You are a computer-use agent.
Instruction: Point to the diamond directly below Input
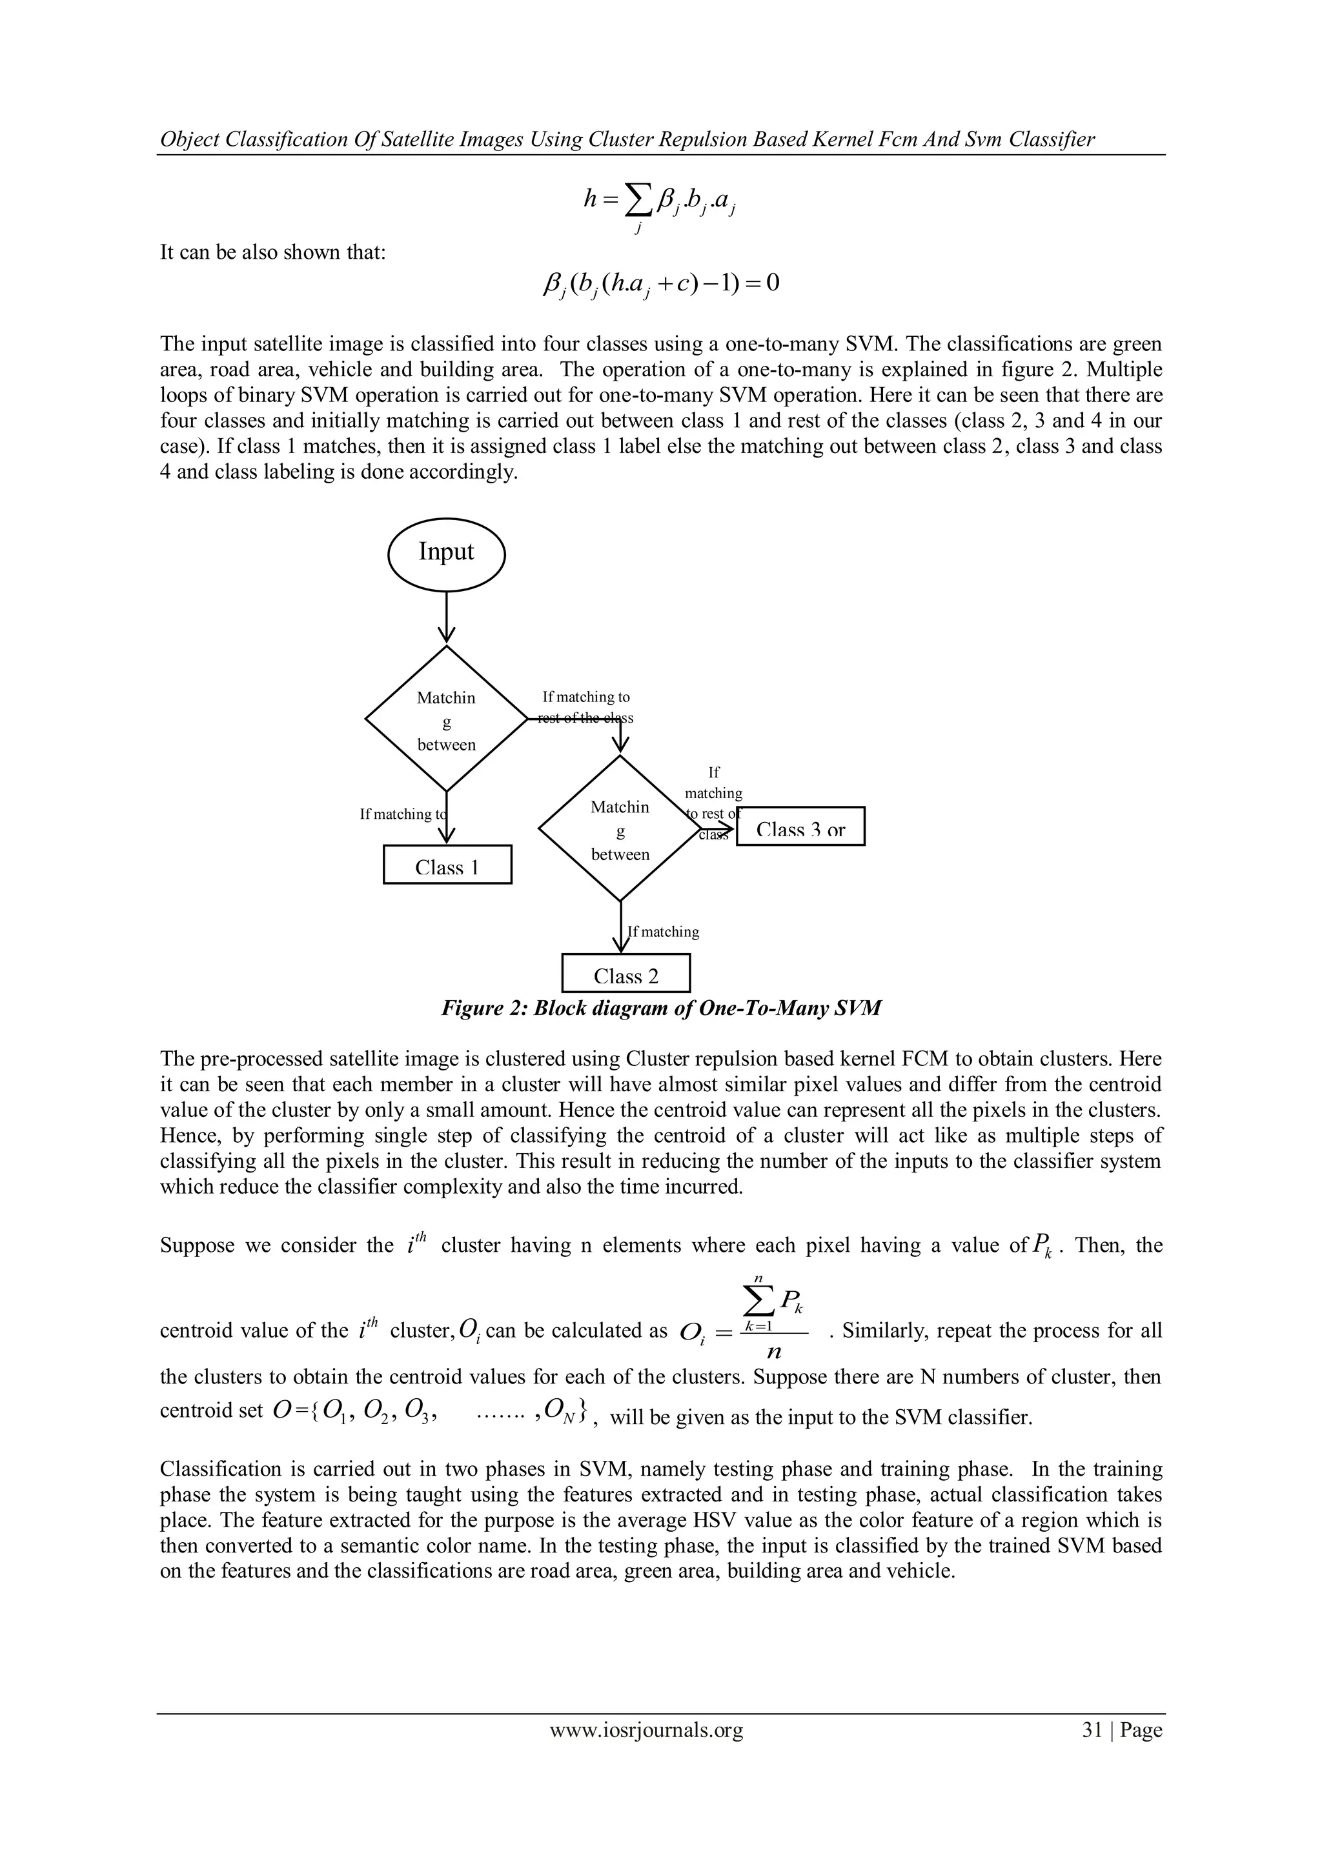pos(446,718)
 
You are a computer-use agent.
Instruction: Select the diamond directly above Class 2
pos(620,829)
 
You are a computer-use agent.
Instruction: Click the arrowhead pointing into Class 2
pos(621,945)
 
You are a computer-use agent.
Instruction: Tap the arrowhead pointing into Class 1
pos(446,836)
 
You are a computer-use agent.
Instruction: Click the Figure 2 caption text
pos(660,1008)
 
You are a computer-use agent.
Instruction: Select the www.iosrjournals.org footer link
pos(646,1730)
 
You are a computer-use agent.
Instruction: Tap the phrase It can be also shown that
pos(272,252)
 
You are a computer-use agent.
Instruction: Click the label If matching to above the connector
pos(585,698)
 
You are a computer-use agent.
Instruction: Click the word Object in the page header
pos(189,139)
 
